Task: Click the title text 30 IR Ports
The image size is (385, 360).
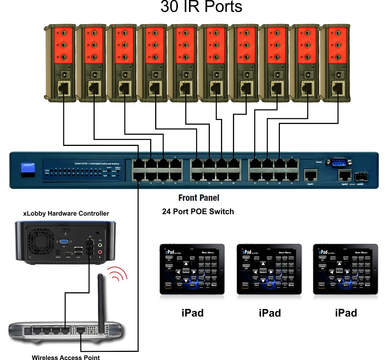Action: [x=201, y=7]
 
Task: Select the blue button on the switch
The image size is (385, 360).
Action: [x=28, y=170]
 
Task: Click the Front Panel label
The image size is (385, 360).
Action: [x=199, y=198]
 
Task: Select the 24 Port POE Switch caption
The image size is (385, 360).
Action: [x=198, y=211]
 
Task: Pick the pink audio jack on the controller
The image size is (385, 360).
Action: [x=100, y=252]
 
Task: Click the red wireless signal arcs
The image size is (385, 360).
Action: [x=117, y=275]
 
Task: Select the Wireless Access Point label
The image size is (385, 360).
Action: [x=66, y=357]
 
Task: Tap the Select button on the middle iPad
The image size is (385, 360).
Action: [x=263, y=272]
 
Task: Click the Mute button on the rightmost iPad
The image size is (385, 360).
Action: [x=367, y=285]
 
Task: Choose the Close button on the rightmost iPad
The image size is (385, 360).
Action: [x=321, y=286]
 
